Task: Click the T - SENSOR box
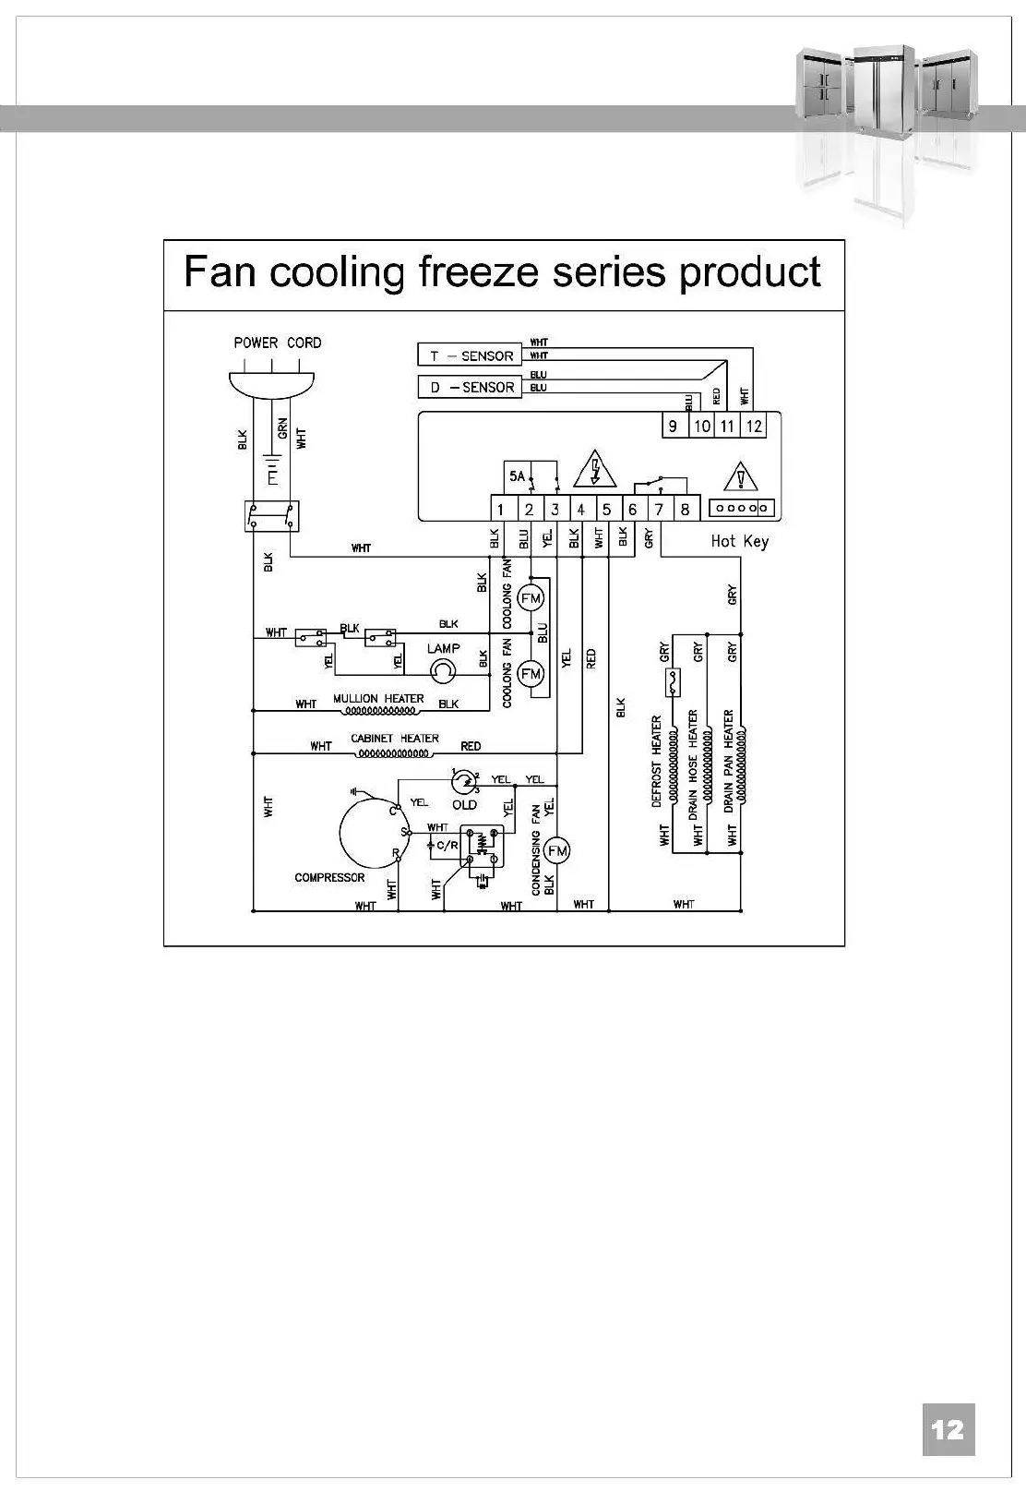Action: (x=471, y=355)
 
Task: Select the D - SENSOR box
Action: (x=471, y=387)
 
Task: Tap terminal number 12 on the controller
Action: (x=755, y=426)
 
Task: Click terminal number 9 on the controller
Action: (x=674, y=426)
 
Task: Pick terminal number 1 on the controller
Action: (x=500, y=510)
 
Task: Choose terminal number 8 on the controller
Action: (x=685, y=510)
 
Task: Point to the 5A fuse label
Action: (x=517, y=476)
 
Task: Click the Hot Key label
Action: (x=739, y=541)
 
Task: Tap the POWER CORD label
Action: (x=277, y=343)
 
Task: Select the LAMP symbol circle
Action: (x=444, y=671)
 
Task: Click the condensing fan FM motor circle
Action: (x=557, y=850)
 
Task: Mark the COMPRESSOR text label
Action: (x=329, y=877)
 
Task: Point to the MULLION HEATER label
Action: (x=378, y=699)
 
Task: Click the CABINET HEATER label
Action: (x=394, y=739)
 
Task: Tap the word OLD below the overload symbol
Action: (x=464, y=805)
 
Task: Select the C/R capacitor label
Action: (x=447, y=845)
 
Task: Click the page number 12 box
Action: (x=948, y=1430)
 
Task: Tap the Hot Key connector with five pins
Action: (x=743, y=509)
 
